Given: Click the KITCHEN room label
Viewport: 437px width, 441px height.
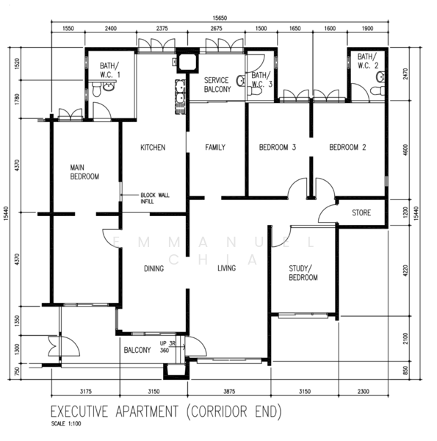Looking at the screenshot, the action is (x=153, y=148).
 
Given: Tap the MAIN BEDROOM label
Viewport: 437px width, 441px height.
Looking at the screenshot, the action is (x=84, y=172).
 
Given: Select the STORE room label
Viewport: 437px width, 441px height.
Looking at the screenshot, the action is (x=361, y=212).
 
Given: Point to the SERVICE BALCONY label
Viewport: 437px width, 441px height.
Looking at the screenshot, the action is (x=217, y=85).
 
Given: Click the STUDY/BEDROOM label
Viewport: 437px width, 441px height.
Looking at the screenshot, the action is (x=303, y=273).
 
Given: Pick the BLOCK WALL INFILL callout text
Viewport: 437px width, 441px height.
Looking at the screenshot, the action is (x=155, y=198).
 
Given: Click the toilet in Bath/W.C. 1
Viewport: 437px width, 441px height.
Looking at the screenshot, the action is (x=96, y=90).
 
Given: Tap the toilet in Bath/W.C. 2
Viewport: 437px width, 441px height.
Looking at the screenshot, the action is (x=377, y=90).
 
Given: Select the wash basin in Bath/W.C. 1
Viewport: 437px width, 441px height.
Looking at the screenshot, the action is (x=109, y=86).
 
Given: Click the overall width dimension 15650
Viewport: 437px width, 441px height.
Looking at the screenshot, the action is (x=220, y=18).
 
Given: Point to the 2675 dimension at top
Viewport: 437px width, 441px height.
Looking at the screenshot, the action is (x=217, y=29).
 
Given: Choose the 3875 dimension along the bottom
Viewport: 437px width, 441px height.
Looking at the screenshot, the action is (x=229, y=391).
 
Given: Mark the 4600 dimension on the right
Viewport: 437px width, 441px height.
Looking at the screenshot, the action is (x=405, y=150).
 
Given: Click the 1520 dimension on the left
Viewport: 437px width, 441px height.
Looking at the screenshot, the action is (x=17, y=64).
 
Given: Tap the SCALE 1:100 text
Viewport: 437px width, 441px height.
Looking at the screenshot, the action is (x=66, y=423).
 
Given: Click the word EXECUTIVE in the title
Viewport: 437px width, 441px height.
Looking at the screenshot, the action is (x=79, y=412).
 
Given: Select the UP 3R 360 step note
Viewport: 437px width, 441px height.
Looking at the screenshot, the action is (x=167, y=347).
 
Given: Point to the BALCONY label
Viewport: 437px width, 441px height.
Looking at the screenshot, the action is (x=137, y=350).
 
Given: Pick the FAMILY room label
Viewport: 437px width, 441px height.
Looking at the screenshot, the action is (x=215, y=148).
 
